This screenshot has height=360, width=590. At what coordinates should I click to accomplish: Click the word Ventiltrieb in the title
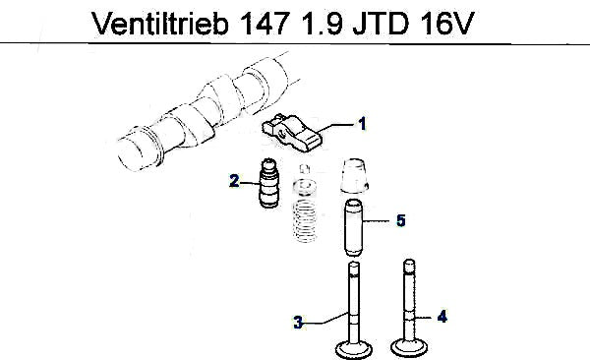tap(160, 24)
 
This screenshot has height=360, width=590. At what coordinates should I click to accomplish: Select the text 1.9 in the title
tap(322, 24)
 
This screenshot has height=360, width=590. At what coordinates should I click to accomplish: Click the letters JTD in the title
tap(381, 24)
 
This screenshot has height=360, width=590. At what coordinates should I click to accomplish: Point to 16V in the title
tap(446, 24)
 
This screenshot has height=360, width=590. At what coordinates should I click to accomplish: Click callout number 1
tap(362, 124)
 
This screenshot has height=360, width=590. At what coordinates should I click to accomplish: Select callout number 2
tap(234, 181)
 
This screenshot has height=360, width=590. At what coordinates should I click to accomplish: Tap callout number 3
tap(298, 323)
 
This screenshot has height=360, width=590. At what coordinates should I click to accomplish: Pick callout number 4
tap(442, 317)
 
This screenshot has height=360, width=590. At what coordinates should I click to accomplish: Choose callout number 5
tap(401, 220)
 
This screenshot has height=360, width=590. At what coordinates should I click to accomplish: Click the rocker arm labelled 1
tap(292, 133)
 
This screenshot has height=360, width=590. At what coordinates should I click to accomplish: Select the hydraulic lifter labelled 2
tap(268, 183)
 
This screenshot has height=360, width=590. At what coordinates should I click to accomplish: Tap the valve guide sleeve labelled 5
tap(354, 227)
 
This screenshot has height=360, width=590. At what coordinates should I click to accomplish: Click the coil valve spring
tap(305, 221)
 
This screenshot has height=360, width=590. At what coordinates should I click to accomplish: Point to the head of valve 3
tap(354, 349)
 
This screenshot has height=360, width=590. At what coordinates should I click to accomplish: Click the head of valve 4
tap(409, 346)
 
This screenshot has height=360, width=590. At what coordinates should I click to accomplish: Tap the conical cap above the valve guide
tap(354, 176)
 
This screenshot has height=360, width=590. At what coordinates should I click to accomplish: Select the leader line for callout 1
tap(337, 126)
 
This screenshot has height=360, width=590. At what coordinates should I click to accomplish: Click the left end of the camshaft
tap(130, 154)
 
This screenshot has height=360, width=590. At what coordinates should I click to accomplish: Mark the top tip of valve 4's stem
tap(409, 261)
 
